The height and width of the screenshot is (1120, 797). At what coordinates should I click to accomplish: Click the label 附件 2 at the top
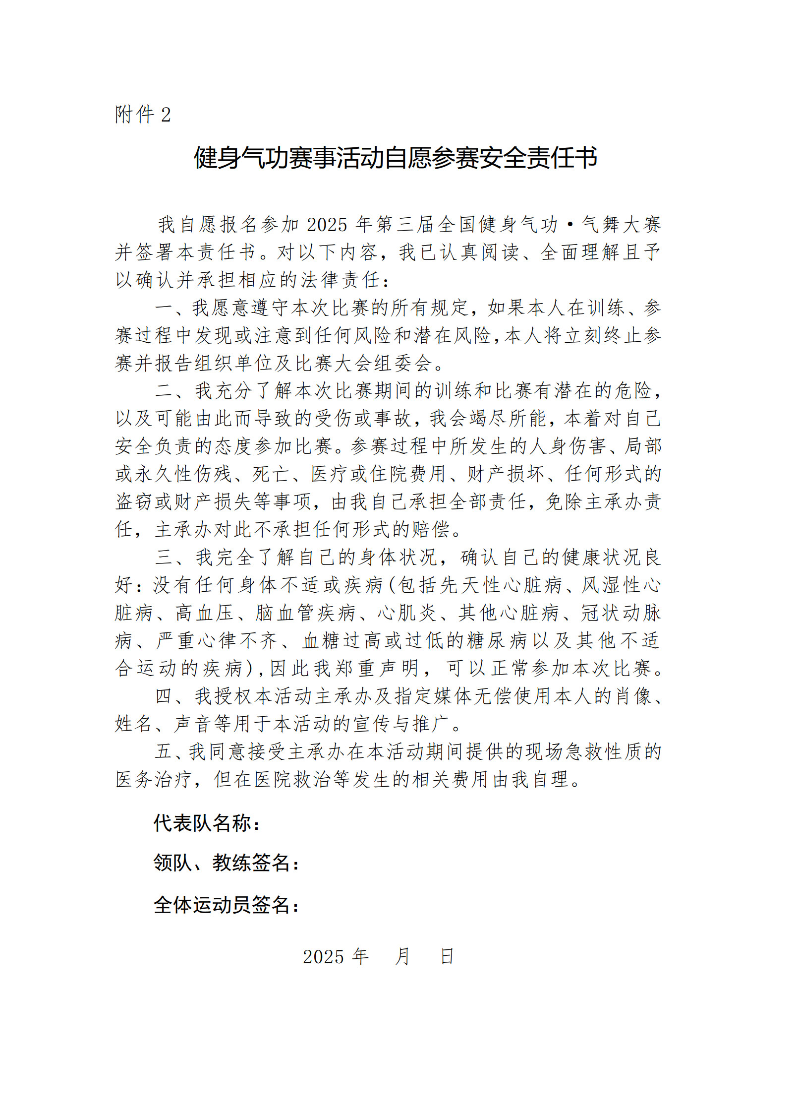(143, 115)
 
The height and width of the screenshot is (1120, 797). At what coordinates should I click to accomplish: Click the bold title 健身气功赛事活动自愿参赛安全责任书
(395, 158)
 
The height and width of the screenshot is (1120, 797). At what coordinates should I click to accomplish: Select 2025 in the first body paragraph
(327, 225)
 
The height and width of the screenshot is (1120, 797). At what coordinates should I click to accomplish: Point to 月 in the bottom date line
(402, 956)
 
